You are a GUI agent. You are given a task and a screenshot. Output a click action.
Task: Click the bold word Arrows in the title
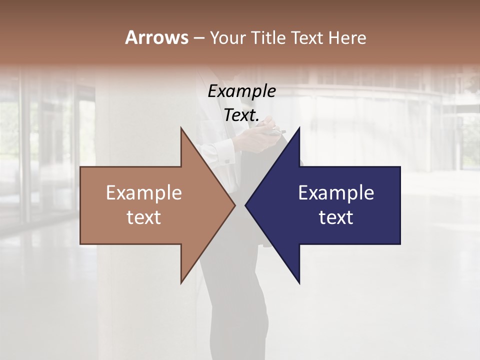point(156,37)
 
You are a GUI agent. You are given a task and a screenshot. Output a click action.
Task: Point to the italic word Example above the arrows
point(242,91)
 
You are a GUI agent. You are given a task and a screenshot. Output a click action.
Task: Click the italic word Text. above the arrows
point(242,115)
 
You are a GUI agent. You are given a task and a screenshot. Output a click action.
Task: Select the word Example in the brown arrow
point(144,193)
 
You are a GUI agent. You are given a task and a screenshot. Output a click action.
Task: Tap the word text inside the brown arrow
point(144,217)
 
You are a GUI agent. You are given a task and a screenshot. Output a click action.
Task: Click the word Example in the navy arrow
point(336,193)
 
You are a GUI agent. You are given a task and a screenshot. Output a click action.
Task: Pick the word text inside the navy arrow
point(336,217)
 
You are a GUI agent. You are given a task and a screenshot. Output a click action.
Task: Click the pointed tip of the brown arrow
point(234,205)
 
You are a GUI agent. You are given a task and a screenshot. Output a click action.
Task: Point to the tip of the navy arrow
point(246,205)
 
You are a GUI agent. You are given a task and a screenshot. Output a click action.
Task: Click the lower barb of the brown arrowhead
point(182,280)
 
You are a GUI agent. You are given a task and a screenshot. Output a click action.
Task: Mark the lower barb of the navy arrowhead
point(298,280)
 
